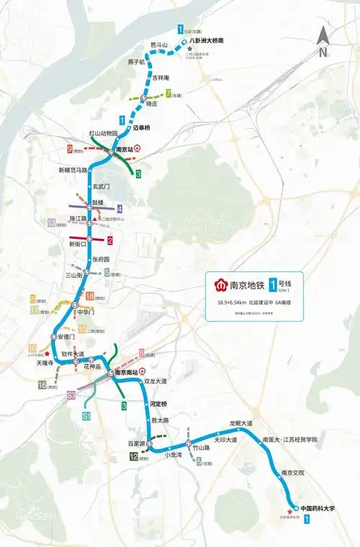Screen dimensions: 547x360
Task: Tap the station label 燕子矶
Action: [x=136, y=63]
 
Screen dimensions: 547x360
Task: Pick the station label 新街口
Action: [x=78, y=244]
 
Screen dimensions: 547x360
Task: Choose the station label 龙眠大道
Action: [x=241, y=423]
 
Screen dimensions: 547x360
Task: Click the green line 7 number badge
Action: [x=168, y=94]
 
